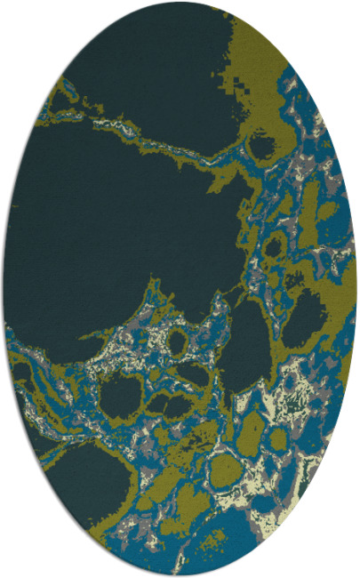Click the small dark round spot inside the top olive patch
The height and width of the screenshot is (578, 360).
(261, 143)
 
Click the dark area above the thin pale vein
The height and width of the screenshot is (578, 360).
(151, 62)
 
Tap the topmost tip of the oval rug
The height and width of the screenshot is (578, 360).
(180, 2)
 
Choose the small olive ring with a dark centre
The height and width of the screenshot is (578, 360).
(177, 341)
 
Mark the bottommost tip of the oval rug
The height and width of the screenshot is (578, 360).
(180, 575)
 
